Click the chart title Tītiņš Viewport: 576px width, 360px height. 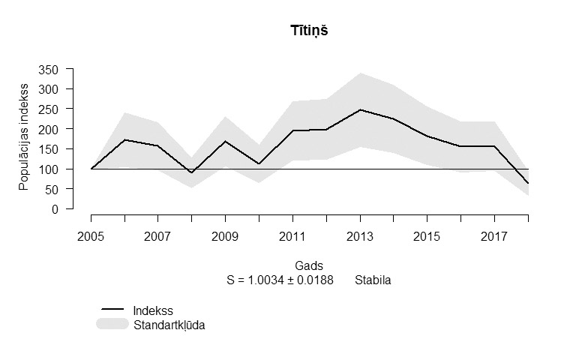click(309, 31)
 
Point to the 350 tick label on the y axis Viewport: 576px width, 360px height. click(48, 70)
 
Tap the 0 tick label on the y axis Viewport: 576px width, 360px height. click(55, 209)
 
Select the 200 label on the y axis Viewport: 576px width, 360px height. click(48, 129)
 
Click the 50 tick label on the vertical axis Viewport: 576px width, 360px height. click(52, 190)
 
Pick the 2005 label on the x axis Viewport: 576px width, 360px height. click(91, 236)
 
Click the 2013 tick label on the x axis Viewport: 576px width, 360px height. click(360, 236)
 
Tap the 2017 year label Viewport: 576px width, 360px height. click(494, 236)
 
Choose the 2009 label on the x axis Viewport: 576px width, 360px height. click(225, 236)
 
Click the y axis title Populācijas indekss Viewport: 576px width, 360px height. click(23, 137)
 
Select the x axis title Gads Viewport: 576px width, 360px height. click(309, 265)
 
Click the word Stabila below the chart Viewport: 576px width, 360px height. click(373, 280)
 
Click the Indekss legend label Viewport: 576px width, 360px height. click(153, 310)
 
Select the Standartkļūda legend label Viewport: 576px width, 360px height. click(169, 325)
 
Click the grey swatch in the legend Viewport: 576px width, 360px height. click(112, 324)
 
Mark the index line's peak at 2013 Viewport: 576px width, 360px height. click(360, 109)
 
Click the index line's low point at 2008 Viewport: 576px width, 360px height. click(192, 172)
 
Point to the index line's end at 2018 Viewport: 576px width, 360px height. click(528, 183)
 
